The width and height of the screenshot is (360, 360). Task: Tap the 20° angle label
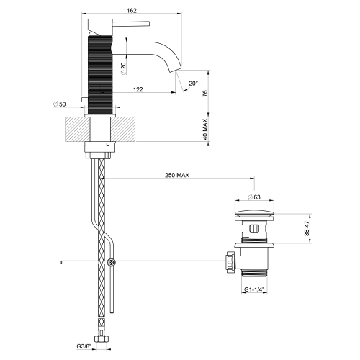coord(192,83)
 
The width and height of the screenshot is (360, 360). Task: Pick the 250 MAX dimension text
coord(176,176)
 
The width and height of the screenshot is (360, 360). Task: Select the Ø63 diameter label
coord(253,197)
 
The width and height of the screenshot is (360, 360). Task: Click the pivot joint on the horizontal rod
coord(111,263)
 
